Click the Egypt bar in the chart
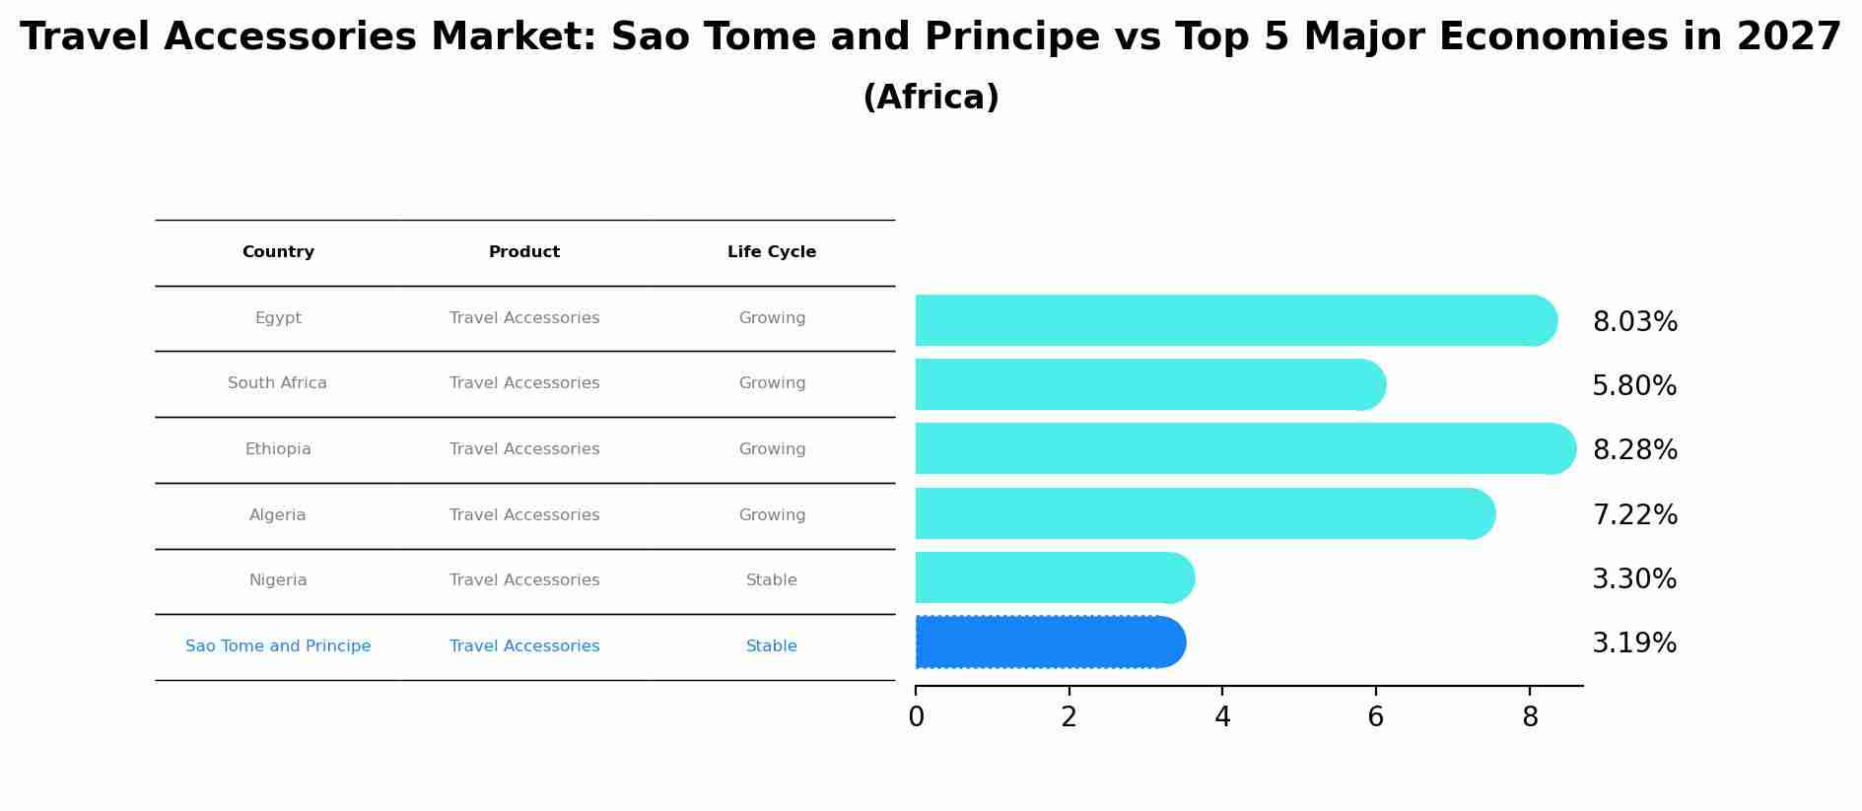1236,320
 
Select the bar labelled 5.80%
1150,384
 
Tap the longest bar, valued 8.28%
1246,448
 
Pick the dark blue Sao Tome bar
1051,642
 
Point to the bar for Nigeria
1055,577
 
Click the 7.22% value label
1634,514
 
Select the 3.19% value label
1634,643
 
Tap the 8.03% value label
1634,322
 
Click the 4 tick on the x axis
1222,717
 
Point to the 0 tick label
916,717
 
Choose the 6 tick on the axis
1376,717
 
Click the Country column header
278,252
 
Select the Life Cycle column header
772,252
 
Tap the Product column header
524,252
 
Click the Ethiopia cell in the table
278,449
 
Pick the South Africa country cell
277,383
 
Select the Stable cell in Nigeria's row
772,580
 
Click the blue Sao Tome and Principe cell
278,646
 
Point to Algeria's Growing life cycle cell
772,515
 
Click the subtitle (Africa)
931,98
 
